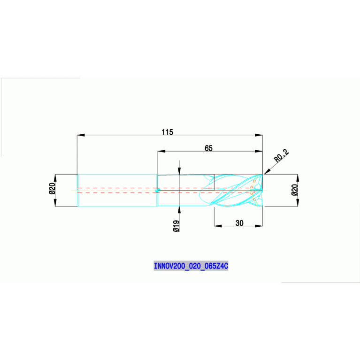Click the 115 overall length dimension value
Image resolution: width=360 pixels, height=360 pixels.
point(168,132)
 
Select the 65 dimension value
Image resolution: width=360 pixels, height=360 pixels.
point(208,148)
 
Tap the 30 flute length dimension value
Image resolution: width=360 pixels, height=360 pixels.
point(239,223)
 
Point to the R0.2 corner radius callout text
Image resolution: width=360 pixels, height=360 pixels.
point(281,156)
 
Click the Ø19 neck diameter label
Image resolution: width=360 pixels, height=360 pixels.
point(176,226)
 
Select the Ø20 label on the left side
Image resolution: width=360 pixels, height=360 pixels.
point(53,189)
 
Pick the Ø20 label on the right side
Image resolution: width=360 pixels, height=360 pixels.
point(295,190)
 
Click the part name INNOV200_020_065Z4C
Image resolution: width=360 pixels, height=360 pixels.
point(191,266)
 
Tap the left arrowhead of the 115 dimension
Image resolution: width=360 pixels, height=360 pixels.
point(81,135)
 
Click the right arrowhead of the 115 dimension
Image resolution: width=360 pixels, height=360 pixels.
point(259,135)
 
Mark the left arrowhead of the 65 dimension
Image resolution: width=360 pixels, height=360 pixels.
point(161,151)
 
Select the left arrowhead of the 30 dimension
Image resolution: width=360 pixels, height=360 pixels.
point(218,226)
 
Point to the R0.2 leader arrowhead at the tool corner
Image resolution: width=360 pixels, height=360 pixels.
point(267,171)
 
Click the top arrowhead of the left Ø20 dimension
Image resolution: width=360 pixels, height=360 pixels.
point(55,178)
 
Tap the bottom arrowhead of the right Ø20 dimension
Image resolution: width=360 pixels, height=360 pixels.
point(298,202)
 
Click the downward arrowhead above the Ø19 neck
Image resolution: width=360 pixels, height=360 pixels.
point(179,171)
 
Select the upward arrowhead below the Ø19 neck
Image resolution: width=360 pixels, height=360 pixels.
point(179,210)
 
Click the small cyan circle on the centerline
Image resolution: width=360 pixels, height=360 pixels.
point(158,191)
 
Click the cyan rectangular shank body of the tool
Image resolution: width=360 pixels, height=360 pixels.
point(117,191)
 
